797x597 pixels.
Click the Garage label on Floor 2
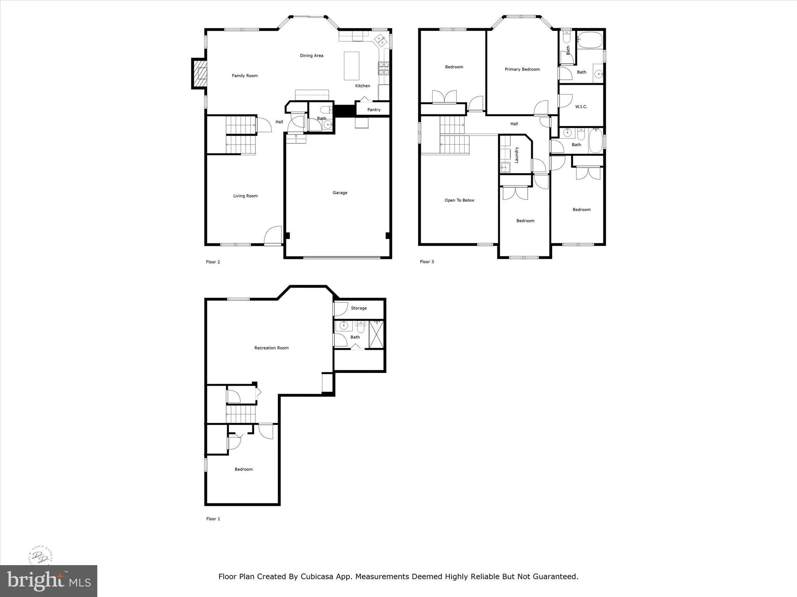[x=340, y=193]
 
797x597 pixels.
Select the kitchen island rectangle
[x=351, y=66]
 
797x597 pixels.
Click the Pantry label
[x=374, y=110]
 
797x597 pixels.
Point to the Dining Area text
[x=311, y=56]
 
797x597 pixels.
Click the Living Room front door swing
[x=273, y=235]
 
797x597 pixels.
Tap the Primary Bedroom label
[x=522, y=70]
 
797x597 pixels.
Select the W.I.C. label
[x=581, y=107]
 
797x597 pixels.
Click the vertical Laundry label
[x=517, y=155]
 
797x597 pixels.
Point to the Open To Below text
[x=459, y=201]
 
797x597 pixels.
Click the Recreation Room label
[x=271, y=348]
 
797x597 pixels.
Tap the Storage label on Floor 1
[x=358, y=308]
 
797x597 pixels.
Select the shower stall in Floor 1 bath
[x=376, y=334]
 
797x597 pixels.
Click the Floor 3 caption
[x=427, y=262]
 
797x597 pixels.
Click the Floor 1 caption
[x=213, y=518]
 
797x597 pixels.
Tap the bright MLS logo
[x=49, y=581]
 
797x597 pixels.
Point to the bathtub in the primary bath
[x=590, y=40]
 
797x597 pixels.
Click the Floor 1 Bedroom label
[x=244, y=470]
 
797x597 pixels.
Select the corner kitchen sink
[x=380, y=39]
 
